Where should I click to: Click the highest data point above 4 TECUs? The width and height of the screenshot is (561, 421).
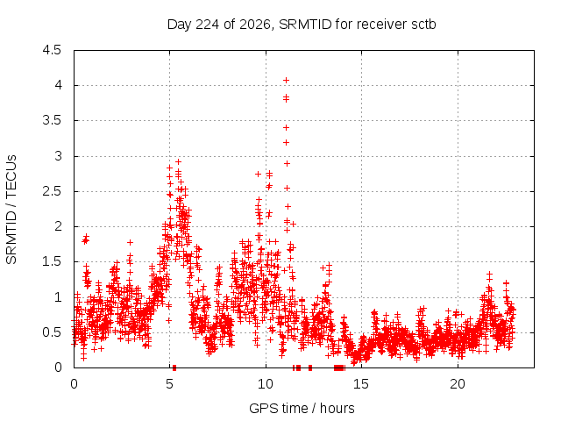(x=286, y=81)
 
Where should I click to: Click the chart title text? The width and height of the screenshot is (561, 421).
(x=302, y=25)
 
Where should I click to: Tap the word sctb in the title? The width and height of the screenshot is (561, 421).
(x=423, y=25)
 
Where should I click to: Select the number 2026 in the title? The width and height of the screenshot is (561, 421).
(x=255, y=25)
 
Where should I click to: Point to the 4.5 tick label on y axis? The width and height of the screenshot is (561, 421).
(x=52, y=50)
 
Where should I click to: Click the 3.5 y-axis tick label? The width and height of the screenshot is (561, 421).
(x=52, y=121)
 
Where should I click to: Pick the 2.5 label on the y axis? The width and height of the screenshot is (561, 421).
(x=52, y=191)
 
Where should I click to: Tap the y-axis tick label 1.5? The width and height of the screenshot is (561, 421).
(x=52, y=261)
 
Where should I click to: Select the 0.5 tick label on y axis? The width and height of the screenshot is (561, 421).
(x=52, y=332)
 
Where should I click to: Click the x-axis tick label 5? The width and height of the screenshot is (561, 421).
(x=169, y=384)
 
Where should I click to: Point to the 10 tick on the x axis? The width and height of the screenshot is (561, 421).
(x=266, y=384)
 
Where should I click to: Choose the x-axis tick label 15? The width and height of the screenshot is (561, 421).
(x=361, y=384)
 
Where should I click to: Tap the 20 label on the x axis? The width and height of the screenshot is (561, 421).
(x=458, y=384)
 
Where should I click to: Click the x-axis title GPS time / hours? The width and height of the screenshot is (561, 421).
(x=302, y=408)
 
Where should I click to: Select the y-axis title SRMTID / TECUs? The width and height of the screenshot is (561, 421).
(x=11, y=210)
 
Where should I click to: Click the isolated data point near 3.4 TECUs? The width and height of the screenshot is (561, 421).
(x=286, y=128)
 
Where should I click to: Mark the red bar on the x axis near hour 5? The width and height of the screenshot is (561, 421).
(x=174, y=367)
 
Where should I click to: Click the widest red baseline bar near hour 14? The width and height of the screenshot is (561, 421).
(x=339, y=367)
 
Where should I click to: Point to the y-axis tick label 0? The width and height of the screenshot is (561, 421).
(x=58, y=367)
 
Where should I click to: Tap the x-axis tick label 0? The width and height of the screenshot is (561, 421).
(x=74, y=384)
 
